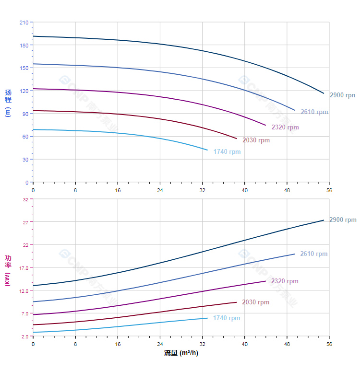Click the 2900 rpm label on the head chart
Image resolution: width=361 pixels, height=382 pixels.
[342, 95]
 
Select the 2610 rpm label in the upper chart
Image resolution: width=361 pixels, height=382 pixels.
[314, 112]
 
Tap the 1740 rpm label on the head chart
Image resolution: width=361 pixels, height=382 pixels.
[227, 152]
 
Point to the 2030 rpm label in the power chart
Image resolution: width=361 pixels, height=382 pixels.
[255, 302]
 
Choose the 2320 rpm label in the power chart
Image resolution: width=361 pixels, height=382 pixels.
[285, 281]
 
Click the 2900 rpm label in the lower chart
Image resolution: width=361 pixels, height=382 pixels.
[343, 220]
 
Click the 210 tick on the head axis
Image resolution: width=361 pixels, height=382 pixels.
[24, 23]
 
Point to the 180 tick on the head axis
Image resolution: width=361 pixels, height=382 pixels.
[24, 45]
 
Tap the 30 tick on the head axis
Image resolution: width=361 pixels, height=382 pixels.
[25, 160]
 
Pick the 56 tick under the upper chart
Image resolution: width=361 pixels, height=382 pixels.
[329, 190]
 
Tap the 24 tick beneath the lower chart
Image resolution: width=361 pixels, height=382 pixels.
[160, 344]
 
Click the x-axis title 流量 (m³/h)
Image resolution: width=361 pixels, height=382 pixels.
[181, 353]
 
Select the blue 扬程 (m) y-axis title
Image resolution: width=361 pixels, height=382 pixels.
[8, 103]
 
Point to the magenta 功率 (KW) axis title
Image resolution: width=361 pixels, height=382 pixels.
[8, 271]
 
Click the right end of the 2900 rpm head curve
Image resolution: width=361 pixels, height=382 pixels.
[324, 93]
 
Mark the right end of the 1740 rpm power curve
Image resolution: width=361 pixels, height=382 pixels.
[207, 318]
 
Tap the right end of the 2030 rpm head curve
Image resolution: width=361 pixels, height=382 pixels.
[237, 139]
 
